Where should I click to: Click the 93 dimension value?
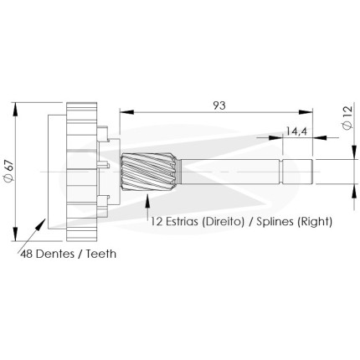(x=219, y=105)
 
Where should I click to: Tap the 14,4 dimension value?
(x=296, y=131)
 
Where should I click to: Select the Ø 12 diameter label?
(x=347, y=117)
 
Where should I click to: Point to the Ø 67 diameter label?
(x=9, y=172)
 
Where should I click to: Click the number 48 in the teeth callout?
(x=27, y=254)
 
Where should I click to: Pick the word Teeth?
(x=100, y=254)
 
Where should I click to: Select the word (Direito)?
(x=223, y=222)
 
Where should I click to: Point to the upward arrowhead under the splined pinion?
(x=147, y=199)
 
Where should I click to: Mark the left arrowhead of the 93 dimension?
(x=126, y=112)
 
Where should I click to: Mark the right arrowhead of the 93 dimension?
(x=306, y=112)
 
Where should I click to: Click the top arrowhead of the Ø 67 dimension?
(x=15, y=110)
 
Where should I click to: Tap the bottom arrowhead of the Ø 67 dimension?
(x=15, y=234)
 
